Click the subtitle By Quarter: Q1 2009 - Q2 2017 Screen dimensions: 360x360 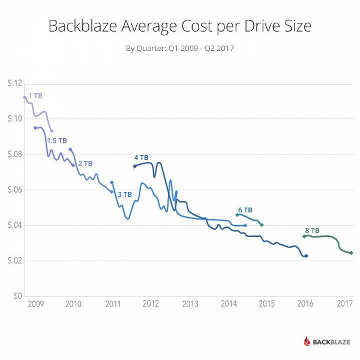pyautogui.click(x=179, y=49)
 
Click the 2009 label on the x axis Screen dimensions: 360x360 pyautogui.click(x=34, y=305)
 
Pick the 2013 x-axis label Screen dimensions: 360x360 pyautogui.click(x=190, y=305)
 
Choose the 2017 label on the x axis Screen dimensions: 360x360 pyautogui.click(x=345, y=305)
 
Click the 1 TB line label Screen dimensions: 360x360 pyautogui.click(x=35, y=95)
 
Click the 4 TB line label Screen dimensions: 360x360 pyautogui.click(x=141, y=157)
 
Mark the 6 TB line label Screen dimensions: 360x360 pyautogui.click(x=245, y=210)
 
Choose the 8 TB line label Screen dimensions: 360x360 pyautogui.click(x=312, y=230)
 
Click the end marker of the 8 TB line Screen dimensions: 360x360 pyautogui.click(x=352, y=253)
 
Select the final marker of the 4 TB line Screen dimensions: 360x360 pyautogui.click(x=306, y=256)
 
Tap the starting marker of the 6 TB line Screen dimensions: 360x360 pyautogui.click(x=237, y=214)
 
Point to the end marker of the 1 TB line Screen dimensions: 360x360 pyautogui.click(x=52, y=131)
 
